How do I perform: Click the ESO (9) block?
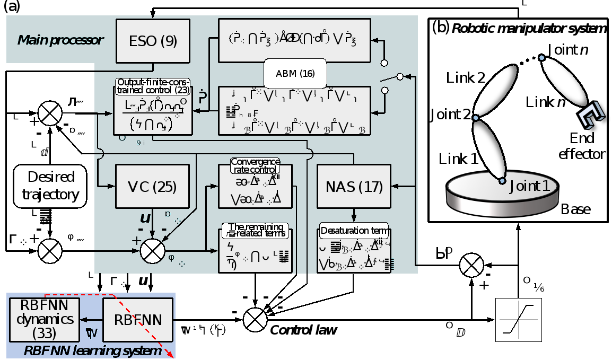[153, 41]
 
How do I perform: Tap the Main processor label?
[60, 40]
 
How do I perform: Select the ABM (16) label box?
[295, 73]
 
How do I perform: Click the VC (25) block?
[152, 186]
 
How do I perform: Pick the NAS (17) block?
[354, 186]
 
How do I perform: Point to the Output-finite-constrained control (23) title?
[153, 86]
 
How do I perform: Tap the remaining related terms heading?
[256, 230]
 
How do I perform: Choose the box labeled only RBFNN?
[138, 320]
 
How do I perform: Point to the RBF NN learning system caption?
[92, 351]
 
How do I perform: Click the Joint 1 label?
[533, 186]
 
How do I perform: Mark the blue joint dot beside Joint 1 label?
[502, 181]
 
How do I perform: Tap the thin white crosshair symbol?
[519, 320]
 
